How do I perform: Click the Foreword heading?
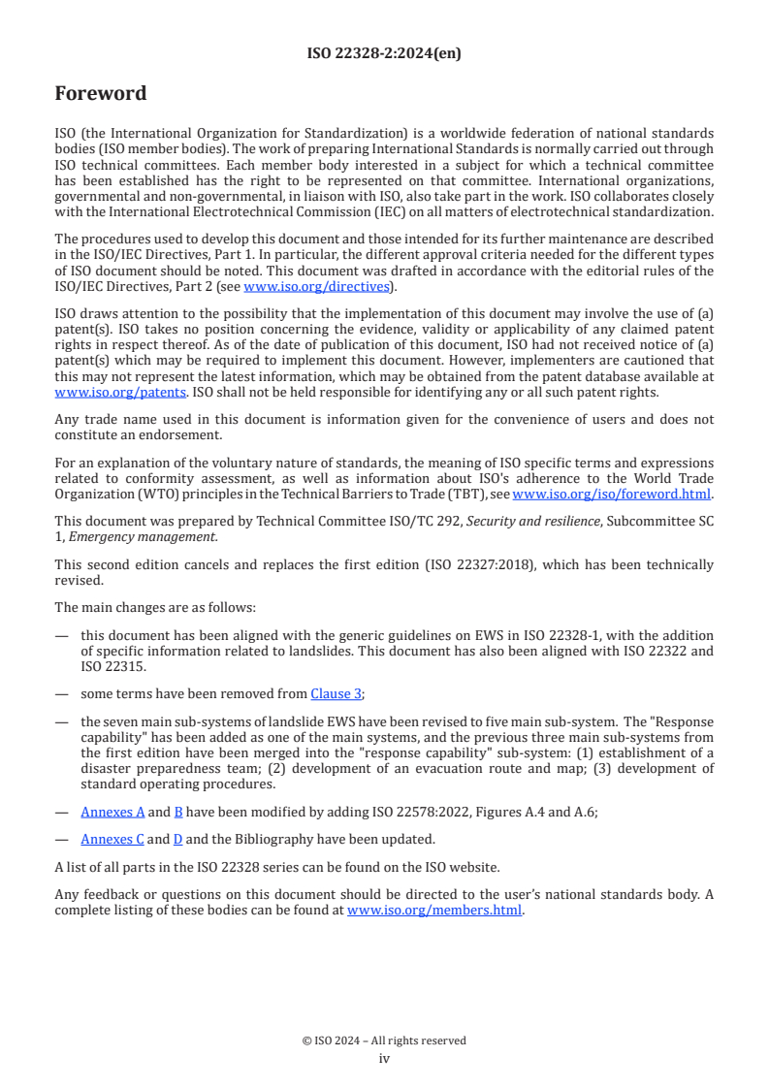click(x=101, y=94)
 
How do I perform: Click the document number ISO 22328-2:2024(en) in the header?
click(x=384, y=53)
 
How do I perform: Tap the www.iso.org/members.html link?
click(x=434, y=911)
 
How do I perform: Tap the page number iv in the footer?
click(x=384, y=1059)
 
